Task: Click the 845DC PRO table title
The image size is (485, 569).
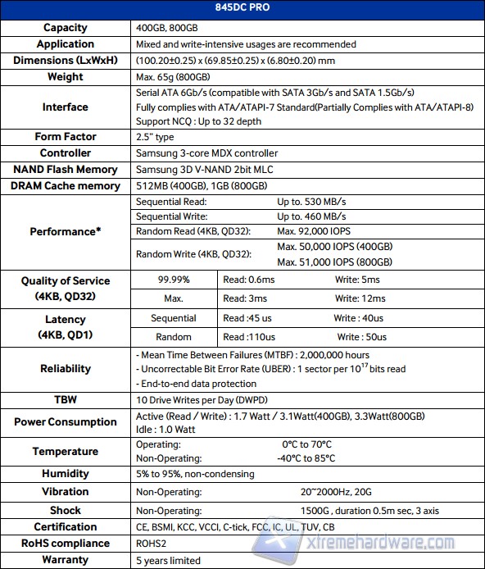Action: click(x=242, y=10)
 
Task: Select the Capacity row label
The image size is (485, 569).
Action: click(x=66, y=28)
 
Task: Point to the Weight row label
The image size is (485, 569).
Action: click(x=66, y=77)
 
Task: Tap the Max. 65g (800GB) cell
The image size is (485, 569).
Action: click(x=177, y=77)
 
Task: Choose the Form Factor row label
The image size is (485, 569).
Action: click(x=66, y=137)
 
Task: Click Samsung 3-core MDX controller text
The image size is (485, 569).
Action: click(x=206, y=153)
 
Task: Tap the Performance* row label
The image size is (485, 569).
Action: click(x=66, y=232)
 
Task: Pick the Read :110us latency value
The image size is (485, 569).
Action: click(x=248, y=337)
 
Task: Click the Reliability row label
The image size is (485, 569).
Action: click(x=66, y=369)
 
